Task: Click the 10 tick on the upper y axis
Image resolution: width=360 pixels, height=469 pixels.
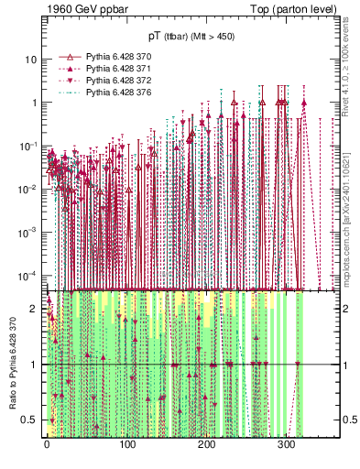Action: tap(30, 60)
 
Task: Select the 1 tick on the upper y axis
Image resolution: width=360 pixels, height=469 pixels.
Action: tap(34, 103)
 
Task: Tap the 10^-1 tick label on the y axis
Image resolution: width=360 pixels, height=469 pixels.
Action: tap(28, 146)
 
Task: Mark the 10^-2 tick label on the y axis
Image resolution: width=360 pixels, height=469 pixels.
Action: tap(28, 189)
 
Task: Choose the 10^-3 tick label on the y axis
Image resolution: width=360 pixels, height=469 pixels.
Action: tap(28, 232)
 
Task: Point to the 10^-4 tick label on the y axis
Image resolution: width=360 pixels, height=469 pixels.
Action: tap(28, 275)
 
